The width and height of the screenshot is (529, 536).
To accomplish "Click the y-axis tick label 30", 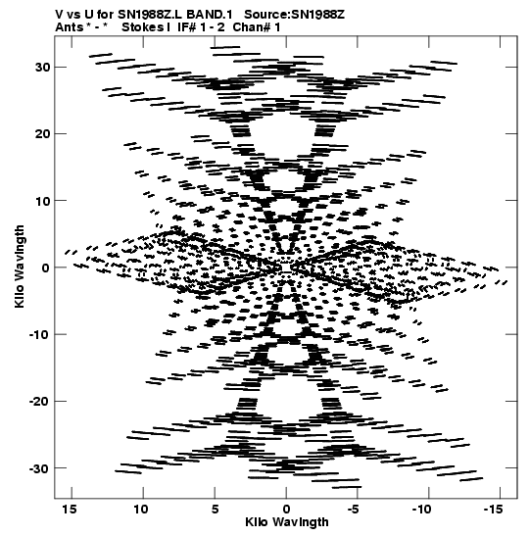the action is pyautogui.click(x=43, y=68).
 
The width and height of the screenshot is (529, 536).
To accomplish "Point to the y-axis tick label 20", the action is pyautogui.click(x=43, y=134).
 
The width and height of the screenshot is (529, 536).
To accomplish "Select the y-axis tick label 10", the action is pyautogui.click(x=43, y=201).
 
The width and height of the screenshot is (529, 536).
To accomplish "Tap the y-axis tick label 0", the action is pyautogui.click(x=46, y=268).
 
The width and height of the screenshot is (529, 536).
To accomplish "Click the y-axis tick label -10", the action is pyautogui.click(x=39, y=334).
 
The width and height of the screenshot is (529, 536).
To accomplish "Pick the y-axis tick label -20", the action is pyautogui.click(x=39, y=402).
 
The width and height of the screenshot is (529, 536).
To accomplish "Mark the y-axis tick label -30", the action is pyautogui.click(x=39, y=468).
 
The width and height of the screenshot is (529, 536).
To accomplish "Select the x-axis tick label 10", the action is pyautogui.click(x=141, y=510).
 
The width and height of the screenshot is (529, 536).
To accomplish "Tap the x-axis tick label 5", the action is pyautogui.click(x=215, y=510).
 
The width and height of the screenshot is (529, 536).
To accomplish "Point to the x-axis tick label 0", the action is pyautogui.click(x=286, y=510).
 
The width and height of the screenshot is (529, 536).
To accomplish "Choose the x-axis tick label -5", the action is pyautogui.click(x=354, y=510).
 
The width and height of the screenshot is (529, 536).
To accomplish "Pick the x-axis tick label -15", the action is pyautogui.click(x=494, y=510).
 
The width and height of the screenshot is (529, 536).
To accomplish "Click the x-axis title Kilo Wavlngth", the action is pyautogui.click(x=287, y=522).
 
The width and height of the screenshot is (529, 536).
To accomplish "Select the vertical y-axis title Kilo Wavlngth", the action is pyautogui.click(x=20, y=267).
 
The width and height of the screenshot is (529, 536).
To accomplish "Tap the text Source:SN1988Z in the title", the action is pyautogui.click(x=294, y=15).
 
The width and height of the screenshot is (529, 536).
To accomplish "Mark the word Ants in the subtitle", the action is pyautogui.click(x=69, y=27).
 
